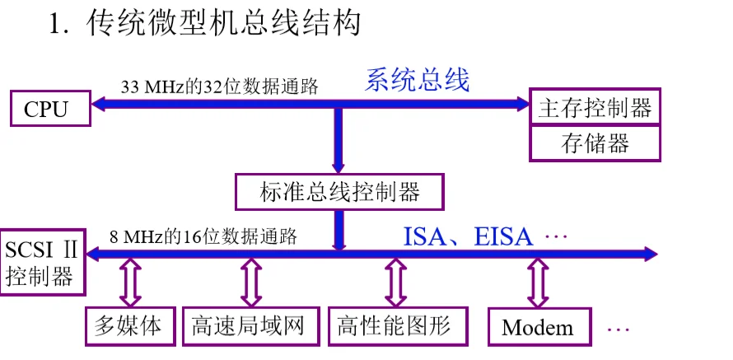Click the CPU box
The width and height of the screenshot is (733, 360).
(46, 108)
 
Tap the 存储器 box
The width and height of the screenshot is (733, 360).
(595, 144)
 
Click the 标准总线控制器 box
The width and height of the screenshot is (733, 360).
(339, 192)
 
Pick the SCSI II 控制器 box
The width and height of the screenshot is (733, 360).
(43, 262)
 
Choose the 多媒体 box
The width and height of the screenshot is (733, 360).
(132, 326)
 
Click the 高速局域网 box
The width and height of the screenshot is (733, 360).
(248, 326)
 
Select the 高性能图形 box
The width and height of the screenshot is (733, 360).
(394, 326)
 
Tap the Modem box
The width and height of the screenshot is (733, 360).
(538, 328)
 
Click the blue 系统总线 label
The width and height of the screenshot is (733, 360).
(418, 81)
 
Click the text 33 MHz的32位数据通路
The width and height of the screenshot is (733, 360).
(219, 86)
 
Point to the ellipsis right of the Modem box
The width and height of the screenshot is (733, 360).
(618, 329)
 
